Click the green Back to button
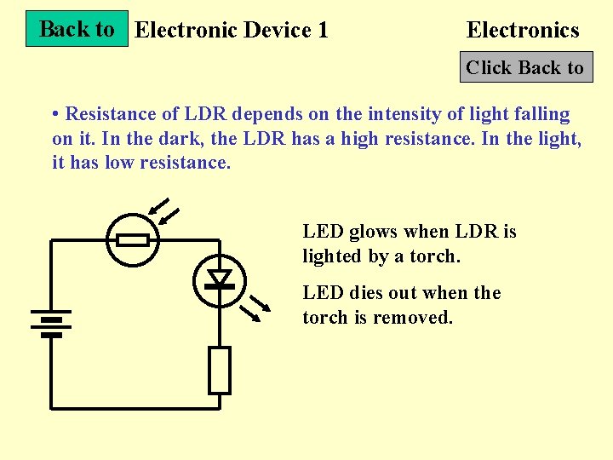[77, 29]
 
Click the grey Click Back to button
[525, 68]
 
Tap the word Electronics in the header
[523, 31]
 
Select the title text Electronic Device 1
[232, 31]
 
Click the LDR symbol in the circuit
[133, 240]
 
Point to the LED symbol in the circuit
[221, 279]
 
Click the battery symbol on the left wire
[51, 324]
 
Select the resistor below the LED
[220, 371]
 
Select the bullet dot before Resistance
[55, 114]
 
